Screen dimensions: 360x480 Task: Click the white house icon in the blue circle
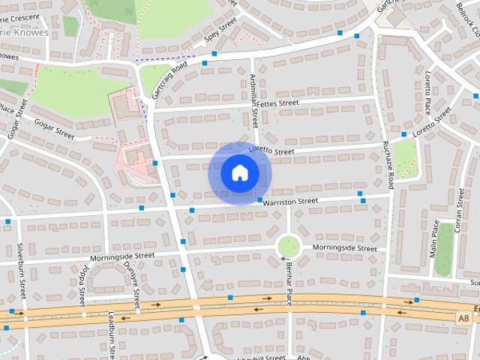click(x=239, y=173)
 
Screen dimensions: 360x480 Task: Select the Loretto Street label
click(x=273, y=151)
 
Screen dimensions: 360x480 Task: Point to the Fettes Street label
click(x=277, y=103)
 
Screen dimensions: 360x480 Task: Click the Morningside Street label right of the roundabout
click(x=344, y=247)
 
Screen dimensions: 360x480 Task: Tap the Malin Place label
click(x=435, y=238)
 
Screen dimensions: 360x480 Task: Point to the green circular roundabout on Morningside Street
click(x=288, y=246)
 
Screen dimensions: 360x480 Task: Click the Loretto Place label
click(x=428, y=89)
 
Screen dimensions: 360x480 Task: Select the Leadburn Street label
click(x=111, y=334)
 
